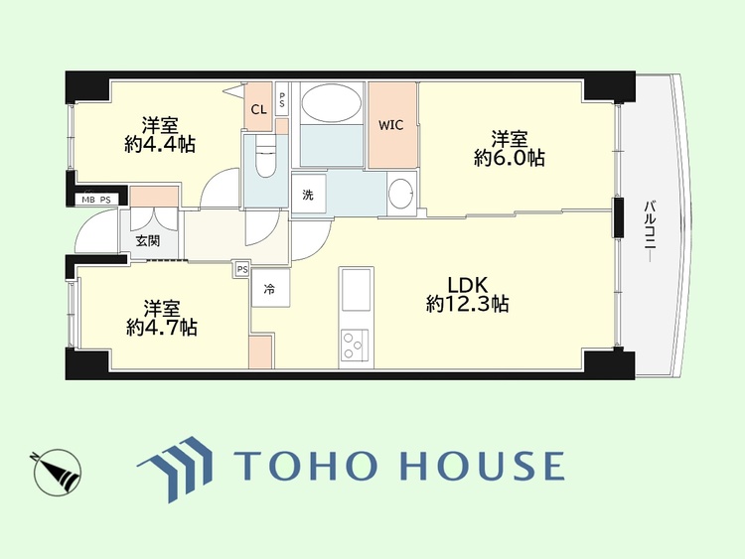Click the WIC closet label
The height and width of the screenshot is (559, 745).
point(391,125)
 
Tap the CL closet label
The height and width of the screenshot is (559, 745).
point(259,110)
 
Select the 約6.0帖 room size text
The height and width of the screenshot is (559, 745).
point(510,158)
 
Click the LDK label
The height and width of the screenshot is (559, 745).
point(468,285)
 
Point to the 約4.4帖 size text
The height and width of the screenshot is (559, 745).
point(160,144)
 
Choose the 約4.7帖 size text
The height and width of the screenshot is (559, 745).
point(162,328)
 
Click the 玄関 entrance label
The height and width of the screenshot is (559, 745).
point(148,241)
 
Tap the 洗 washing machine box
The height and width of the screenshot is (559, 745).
point(309,194)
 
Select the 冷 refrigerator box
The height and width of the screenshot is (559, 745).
point(270,288)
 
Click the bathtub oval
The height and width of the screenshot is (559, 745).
point(332,103)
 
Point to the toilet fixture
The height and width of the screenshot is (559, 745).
point(265,156)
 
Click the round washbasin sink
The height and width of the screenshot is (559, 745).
point(402,193)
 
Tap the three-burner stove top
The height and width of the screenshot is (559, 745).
point(355,345)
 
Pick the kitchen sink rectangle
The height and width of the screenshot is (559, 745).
point(356,290)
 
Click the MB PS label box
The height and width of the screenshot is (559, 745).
point(96,200)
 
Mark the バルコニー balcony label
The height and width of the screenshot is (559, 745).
point(650,232)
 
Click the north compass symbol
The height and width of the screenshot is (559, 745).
point(58,473)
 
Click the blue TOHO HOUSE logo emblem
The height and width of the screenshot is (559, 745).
point(176,469)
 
